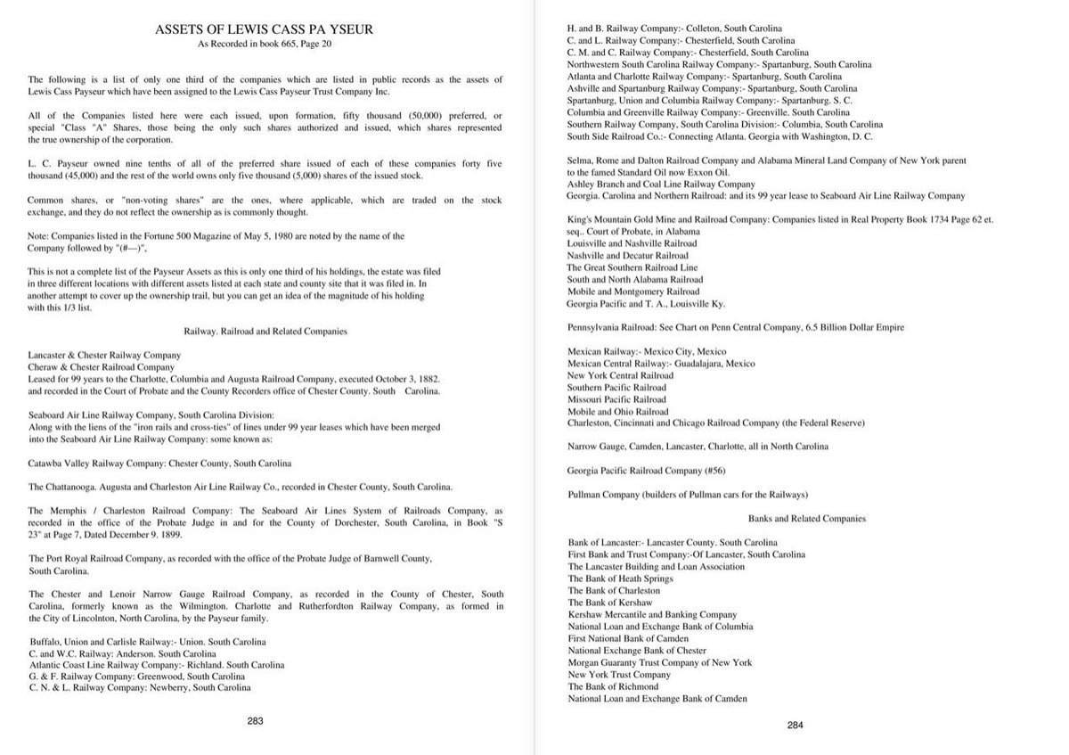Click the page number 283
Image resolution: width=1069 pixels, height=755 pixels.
pyautogui.click(x=255, y=720)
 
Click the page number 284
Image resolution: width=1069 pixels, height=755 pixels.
pyautogui.click(x=795, y=725)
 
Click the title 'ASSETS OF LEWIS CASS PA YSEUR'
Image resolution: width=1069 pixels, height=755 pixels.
pyautogui.click(x=265, y=30)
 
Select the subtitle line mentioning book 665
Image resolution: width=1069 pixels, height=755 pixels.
pyautogui.click(x=265, y=44)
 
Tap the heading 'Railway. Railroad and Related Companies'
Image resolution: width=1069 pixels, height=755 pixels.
pyautogui.click(x=265, y=331)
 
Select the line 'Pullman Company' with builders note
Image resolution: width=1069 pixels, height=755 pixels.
pyautogui.click(x=687, y=494)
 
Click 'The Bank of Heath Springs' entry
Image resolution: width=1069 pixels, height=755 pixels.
pyautogui.click(x=620, y=579)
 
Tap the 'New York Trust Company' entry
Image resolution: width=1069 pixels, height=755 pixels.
pyautogui.click(x=619, y=675)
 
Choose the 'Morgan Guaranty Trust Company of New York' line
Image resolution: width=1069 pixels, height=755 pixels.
pyautogui.click(x=659, y=662)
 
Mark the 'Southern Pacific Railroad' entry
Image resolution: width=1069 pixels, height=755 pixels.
pyautogui.click(x=616, y=388)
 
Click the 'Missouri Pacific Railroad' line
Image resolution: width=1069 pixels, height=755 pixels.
pyautogui.click(x=616, y=400)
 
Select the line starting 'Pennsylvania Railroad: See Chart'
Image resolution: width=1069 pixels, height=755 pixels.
pyautogui.click(x=735, y=327)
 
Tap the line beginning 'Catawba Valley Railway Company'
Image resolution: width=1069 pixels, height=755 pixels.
pyautogui.click(x=159, y=464)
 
